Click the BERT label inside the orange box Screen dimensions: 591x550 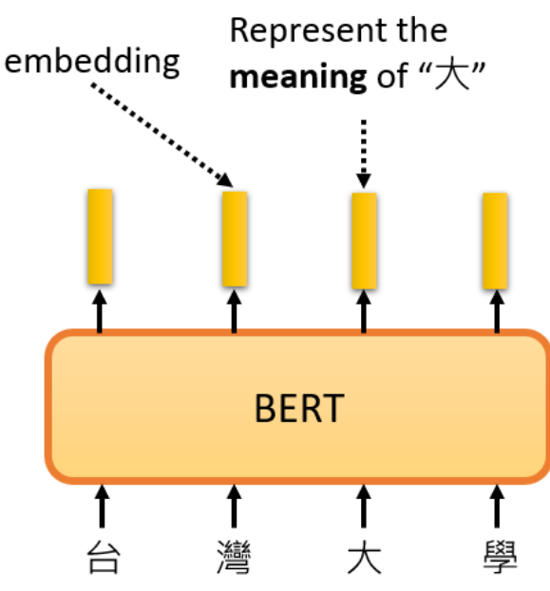tap(298, 408)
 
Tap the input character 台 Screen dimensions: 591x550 tap(103, 558)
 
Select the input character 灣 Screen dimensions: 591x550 tap(234, 558)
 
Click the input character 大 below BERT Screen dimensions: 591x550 tap(363, 558)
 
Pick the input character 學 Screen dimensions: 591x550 tap(496, 558)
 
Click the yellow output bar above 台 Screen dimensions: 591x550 tap(101, 236)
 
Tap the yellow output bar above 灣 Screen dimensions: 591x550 tap(235, 238)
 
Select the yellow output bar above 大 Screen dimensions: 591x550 tap(364, 240)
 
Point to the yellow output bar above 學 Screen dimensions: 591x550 tap(495, 240)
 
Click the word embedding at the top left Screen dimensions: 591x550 tap(92, 62)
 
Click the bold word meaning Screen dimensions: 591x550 tap(298, 76)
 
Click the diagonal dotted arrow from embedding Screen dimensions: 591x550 tap(161, 133)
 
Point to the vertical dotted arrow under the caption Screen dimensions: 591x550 tap(364, 153)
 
